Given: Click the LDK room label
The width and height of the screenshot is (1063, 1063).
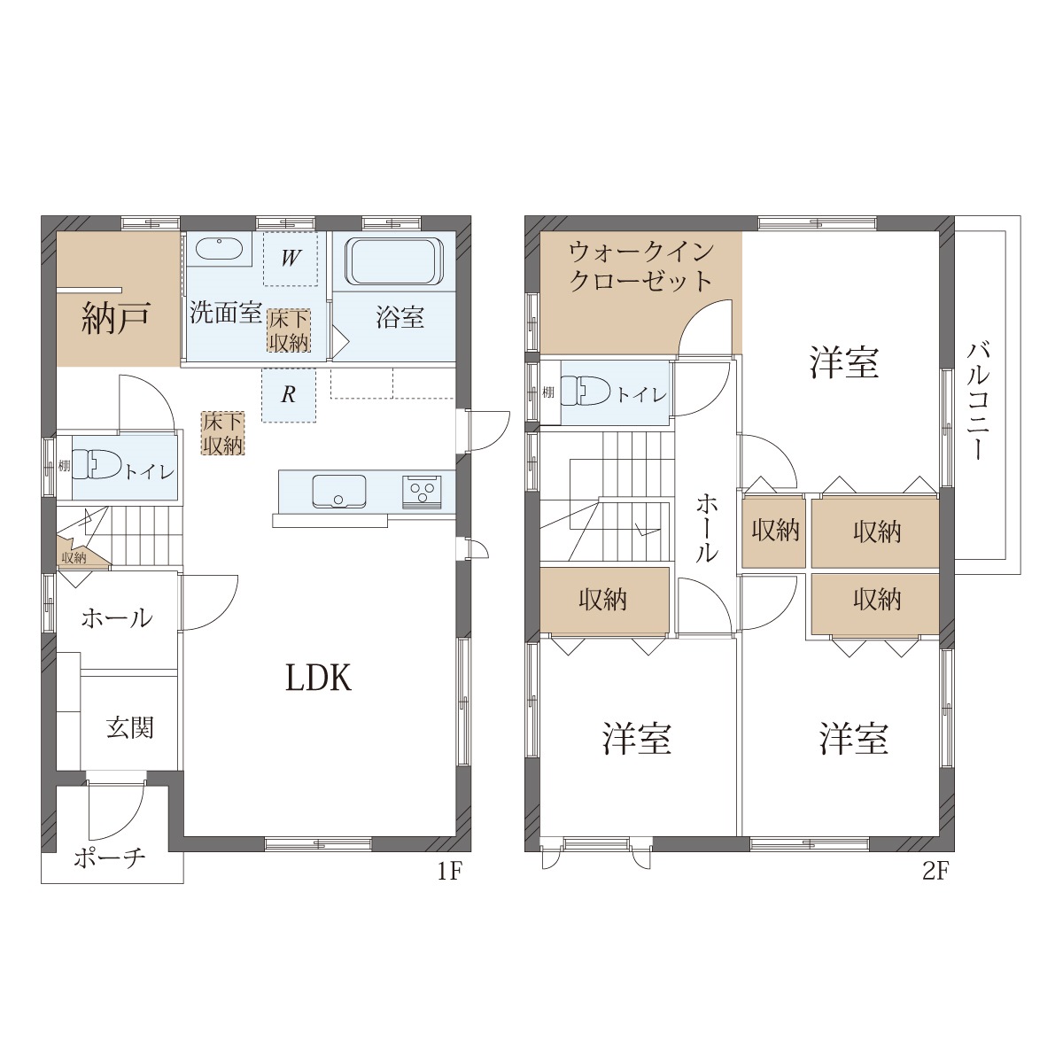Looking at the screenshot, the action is pyautogui.click(x=318, y=678).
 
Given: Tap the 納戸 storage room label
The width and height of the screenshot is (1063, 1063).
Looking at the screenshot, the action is pyautogui.click(x=116, y=318).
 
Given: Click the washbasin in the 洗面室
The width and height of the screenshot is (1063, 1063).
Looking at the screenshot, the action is pyautogui.click(x=219, y=249).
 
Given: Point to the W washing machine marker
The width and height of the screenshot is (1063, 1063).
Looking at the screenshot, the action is pyautogui.click(x=291, y=258).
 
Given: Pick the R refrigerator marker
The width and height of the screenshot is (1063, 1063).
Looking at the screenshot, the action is pyautogui.click(x=289, y=394).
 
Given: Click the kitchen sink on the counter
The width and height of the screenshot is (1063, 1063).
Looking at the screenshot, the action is pyautogui.click(x=339, y=491).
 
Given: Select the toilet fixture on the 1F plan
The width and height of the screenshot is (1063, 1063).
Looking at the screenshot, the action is pyautogui.click(x=96, y=465).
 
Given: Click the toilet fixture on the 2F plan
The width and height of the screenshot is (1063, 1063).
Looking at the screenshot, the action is pyautogui.click(x=585, y=392).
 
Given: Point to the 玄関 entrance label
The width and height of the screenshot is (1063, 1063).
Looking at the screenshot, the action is pyautogui.click(x=129, y=728).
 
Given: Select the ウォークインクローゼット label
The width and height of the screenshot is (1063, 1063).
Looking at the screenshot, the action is pyautogui.click(x=641, y=267).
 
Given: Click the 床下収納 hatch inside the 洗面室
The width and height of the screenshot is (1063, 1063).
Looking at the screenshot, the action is pyautogui.click(x=289, y=330).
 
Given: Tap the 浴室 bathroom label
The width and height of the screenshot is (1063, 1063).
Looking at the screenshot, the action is pyautogui.click(x=400, y=318).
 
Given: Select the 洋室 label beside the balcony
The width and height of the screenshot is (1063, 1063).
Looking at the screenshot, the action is pyautogui.click(x=844, y=362).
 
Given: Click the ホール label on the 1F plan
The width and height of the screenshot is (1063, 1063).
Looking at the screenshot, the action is pyautogui.click(x=116, y=618).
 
